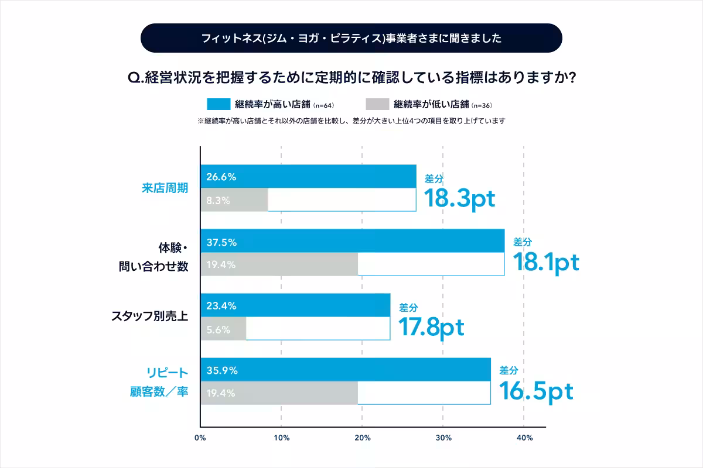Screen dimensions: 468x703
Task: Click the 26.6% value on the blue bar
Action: pos(221,177)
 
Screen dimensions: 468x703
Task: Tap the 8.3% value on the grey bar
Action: pos(218,200)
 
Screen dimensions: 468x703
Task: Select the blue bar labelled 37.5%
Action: pos(352,240)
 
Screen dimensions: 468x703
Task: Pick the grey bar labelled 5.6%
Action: pos(223,329)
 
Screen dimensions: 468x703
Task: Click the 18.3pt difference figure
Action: pos(460,198)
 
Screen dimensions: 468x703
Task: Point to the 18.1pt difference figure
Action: pos(546,263)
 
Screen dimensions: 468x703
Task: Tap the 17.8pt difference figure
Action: pos(431,328)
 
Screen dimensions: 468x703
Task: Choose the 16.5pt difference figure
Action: pos(535,392)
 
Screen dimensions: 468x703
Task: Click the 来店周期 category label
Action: pos(165,188)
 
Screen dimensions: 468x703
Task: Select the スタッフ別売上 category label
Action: pos(149,316)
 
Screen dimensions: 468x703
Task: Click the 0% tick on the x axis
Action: pos(200,438)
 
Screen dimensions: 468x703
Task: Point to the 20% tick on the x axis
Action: pos(362,438)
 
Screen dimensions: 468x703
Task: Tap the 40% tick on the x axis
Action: pos(524,438)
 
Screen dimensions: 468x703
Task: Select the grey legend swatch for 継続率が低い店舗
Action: pos(377,104)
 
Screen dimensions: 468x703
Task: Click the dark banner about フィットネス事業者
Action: pos(351,39)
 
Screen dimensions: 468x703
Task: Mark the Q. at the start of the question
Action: pos(135,77)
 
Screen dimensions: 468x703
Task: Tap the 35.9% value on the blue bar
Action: pos(221,370)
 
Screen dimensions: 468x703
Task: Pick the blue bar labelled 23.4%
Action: pos(295,305)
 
